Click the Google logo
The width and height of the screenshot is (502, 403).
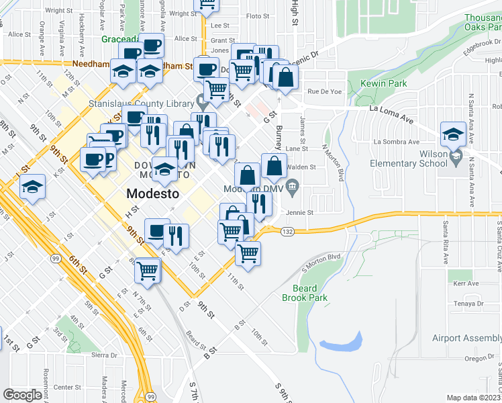(22, 395)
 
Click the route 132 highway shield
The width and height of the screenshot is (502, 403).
(287, 232)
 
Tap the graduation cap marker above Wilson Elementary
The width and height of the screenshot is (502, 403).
(453, 134)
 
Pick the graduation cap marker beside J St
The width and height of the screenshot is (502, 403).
(32, 189)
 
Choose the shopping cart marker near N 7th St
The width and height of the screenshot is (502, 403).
(147, 271)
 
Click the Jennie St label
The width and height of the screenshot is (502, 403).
(300, 213)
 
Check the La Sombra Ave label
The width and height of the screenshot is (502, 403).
(396, 142)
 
